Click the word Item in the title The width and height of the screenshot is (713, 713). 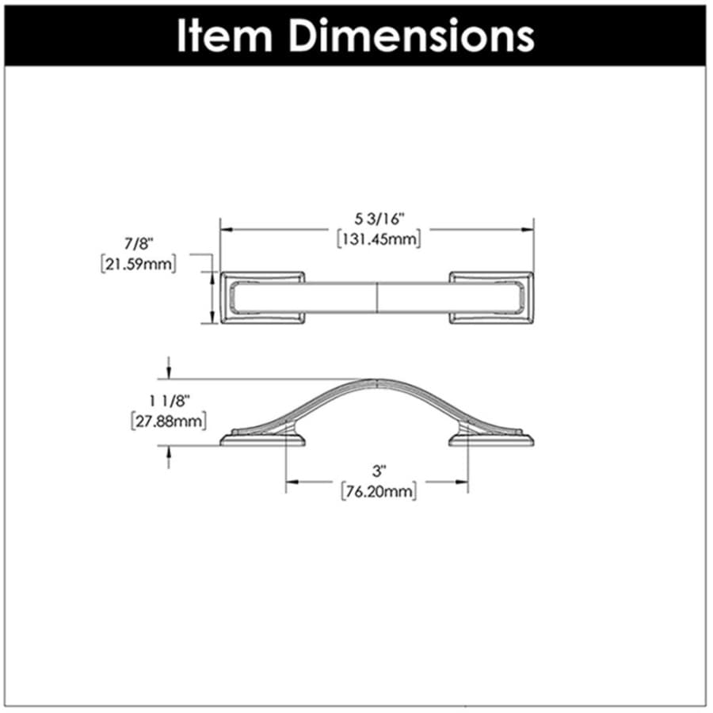click(224, 36)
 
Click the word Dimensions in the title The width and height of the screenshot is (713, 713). click(411, 36)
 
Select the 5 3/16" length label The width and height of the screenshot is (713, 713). click(379, 219)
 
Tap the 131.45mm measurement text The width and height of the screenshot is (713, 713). click(379, 239)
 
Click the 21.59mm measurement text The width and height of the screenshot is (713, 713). click(138, 264)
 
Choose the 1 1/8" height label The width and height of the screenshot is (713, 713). click(170, 401)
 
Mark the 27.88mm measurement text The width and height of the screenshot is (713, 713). click(169, 421)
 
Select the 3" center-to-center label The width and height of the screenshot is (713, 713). click(379, 471)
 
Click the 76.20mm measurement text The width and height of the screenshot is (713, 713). click(379, 491)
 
